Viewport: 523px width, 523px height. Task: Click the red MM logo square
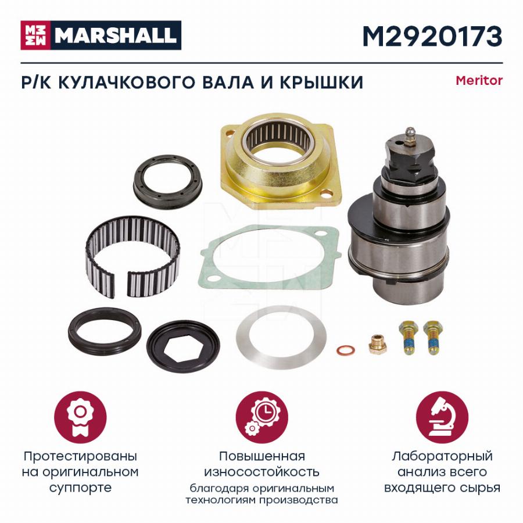pos(35,35)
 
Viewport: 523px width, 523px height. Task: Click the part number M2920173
pos(432,37)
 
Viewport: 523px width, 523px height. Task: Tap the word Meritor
pos(479,80)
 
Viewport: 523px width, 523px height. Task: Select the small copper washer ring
pos(345,350)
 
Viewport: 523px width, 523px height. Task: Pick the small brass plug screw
pos(378,344)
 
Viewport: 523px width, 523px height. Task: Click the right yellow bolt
pos(433,337)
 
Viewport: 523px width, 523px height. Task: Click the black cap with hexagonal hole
pos(183,346)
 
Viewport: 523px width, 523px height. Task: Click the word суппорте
pos(80,488)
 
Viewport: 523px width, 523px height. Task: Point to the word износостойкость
pos(262,472)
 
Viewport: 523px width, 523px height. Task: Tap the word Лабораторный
pos(442,456)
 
